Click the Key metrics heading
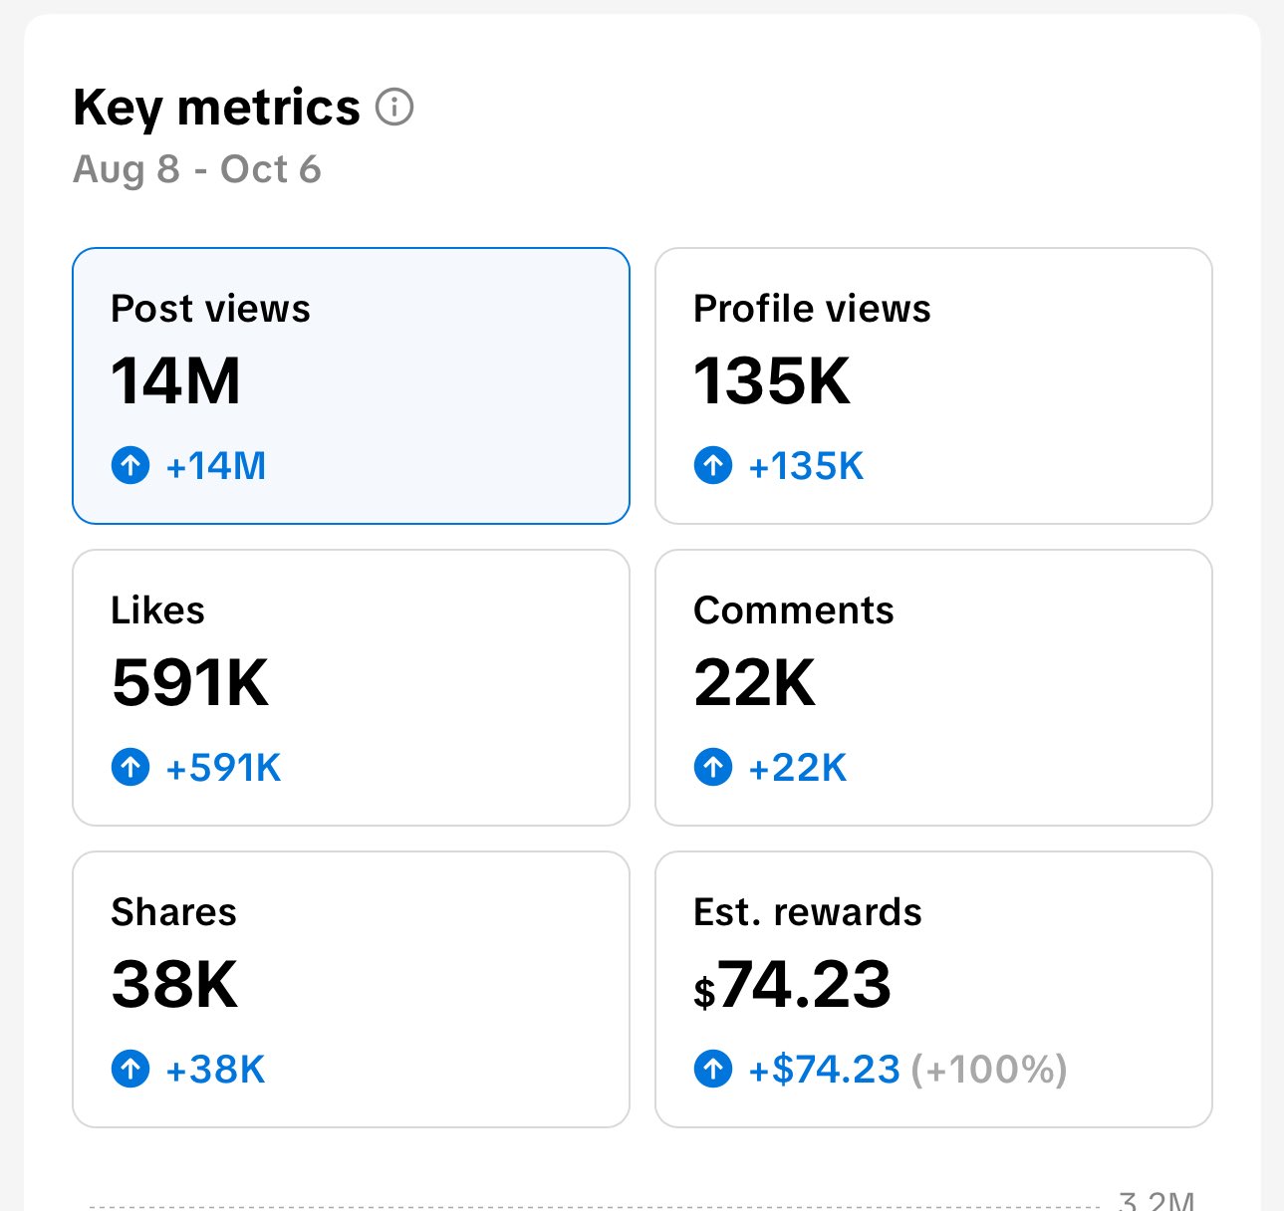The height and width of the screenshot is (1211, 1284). tap(216, 108)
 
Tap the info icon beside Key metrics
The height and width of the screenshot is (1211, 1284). tap(394, 107)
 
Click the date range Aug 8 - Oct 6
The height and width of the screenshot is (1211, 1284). tap(197, 169)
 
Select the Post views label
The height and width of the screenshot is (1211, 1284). tap(210, 309)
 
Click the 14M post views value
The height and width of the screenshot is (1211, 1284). tap(175, 380)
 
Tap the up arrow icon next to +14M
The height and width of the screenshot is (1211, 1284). tap(130, 465)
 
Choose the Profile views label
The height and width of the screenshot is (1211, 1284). tap(812, 309)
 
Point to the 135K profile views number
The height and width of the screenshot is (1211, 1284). tap(772, 380)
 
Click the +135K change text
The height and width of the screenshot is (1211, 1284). tap(806, 466)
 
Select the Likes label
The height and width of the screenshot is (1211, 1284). tap(157, 610)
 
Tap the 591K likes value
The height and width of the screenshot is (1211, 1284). tap(190, 682)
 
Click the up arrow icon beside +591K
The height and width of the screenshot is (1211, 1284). tap(130, 767)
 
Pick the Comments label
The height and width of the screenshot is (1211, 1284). tap(793, 610)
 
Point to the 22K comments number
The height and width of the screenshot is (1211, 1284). tap(754, 682)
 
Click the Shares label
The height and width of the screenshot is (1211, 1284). tap(173, 912)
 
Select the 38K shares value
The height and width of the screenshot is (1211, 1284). tap(174, 984)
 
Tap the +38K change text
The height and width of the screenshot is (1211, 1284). tap(215, 1070)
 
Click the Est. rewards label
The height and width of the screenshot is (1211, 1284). tap(807, 912)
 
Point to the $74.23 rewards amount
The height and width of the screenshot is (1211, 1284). tap(793, 985)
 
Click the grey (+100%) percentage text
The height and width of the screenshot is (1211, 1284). tap(995, 1070)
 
